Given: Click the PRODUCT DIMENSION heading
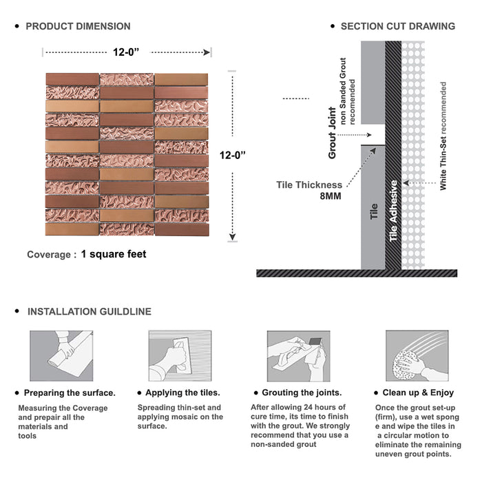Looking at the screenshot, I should (78, 26).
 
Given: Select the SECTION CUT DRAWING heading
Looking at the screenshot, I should (397, 26).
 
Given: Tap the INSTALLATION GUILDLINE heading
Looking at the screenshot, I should (89, 311).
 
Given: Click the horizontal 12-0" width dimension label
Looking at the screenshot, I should (128, 51).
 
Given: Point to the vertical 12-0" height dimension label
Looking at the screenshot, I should (233, 156).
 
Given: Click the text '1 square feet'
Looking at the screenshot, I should (114, 254).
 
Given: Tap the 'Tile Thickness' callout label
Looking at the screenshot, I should (309, 185).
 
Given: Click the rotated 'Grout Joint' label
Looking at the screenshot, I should (333, 133).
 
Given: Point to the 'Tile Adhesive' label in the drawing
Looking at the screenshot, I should (394, 211).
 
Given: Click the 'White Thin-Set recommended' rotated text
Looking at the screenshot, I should (443, 136).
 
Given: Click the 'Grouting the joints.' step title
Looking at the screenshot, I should (302, 392).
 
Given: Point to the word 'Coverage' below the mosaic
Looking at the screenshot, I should (48, 255).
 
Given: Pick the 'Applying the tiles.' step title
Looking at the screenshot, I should (182, 392).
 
